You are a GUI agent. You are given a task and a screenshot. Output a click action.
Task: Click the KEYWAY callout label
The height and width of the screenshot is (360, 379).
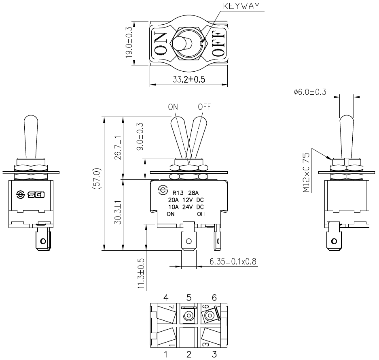coord(242,6)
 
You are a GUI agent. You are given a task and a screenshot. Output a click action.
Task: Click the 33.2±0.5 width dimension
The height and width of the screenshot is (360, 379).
coord(188,79)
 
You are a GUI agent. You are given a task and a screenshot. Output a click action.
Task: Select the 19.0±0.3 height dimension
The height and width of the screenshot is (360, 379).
coord(129,43)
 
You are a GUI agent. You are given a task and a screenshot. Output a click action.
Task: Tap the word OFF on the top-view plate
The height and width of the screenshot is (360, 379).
coord(217,43)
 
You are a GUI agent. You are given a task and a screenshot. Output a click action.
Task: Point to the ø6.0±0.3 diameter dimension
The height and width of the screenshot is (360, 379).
coord(310,92)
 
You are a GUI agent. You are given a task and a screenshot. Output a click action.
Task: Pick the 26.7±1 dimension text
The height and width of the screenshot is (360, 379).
coord(118,148)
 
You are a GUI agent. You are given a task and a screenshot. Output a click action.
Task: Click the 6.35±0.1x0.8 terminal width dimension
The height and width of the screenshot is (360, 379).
coord(233,262)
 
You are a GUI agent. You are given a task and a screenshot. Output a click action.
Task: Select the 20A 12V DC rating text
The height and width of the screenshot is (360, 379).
coord(186,200)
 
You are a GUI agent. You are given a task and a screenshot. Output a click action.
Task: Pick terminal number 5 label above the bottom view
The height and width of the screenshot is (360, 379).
coord(188,298)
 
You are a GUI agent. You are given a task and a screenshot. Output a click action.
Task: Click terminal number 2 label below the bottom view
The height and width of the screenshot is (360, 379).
coord(188,355)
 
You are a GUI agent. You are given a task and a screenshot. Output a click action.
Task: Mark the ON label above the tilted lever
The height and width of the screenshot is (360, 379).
coord(173,107)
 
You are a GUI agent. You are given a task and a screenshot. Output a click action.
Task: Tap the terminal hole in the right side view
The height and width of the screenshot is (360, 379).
coord(334,242)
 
